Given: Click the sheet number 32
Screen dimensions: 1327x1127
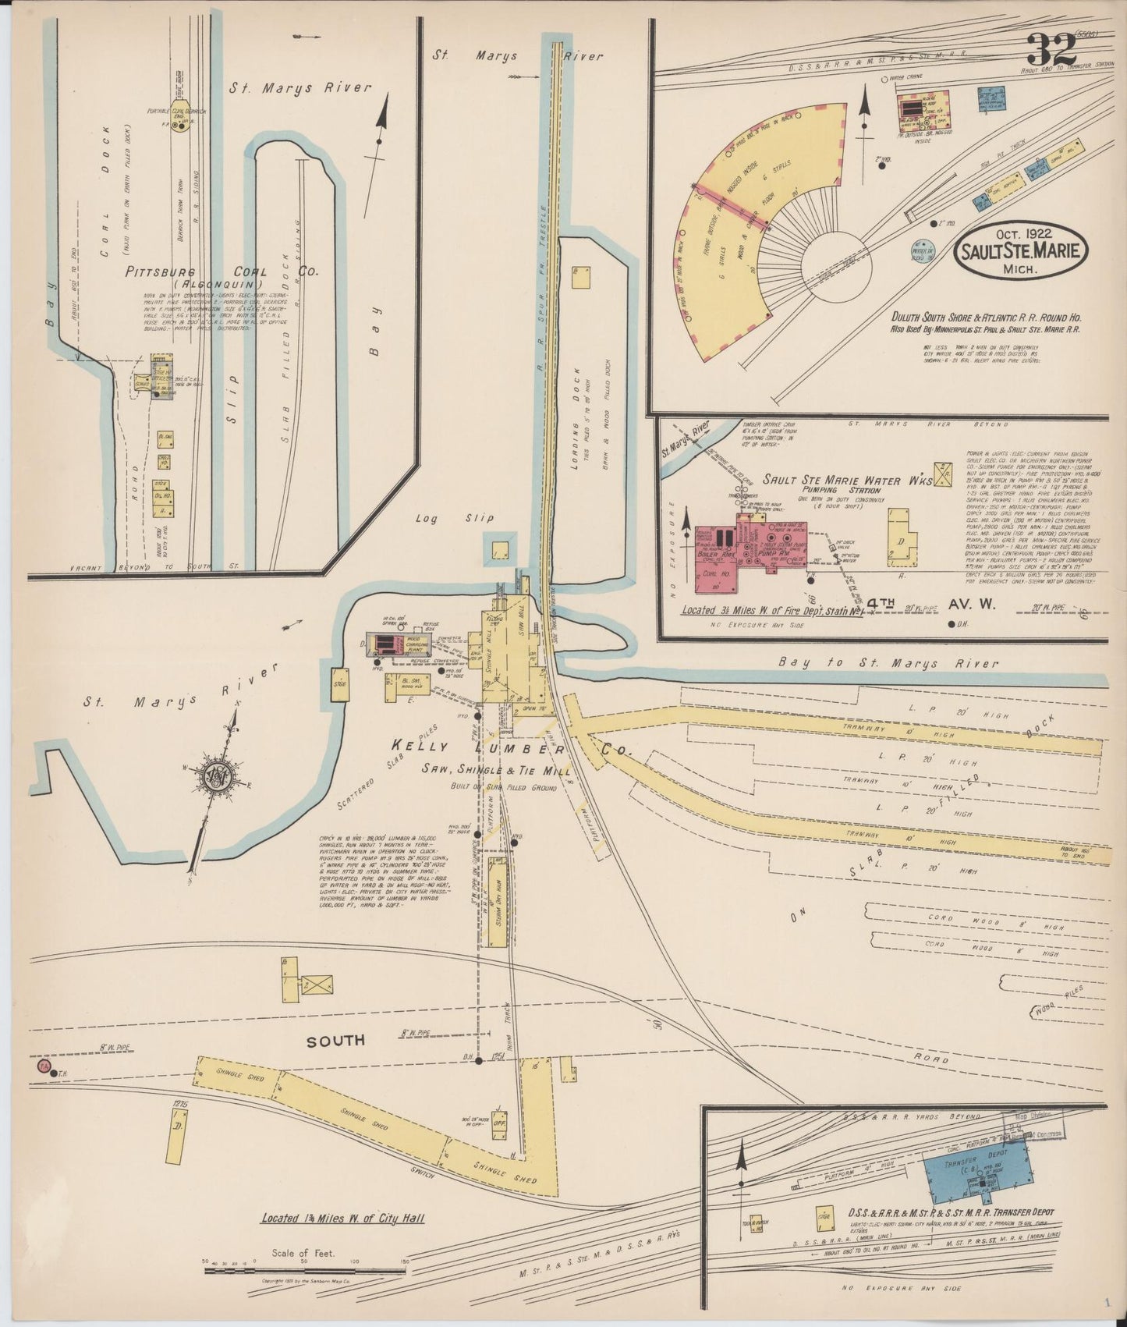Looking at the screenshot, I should pos(1051,52).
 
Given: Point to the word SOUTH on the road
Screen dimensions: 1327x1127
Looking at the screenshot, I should pos(336,1041).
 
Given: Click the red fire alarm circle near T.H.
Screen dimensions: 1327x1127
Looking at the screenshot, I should pos(43,1066).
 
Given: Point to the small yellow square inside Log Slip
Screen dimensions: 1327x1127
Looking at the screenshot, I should pos(499,548).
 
